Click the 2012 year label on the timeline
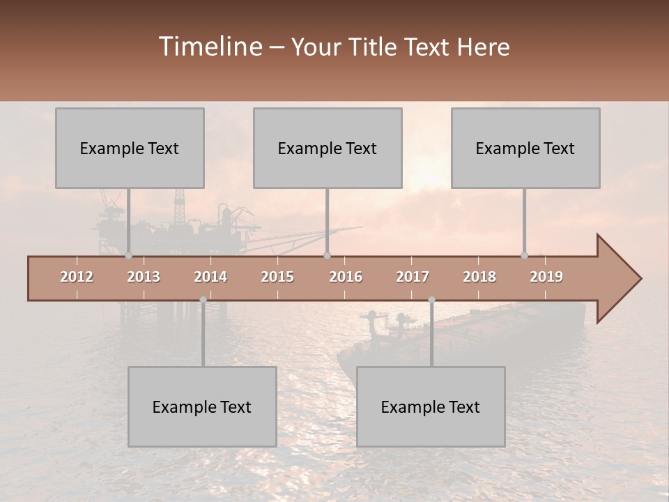(77, 277)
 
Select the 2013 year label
(144, 277)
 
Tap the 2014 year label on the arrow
(210, 277)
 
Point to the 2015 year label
(277, 277)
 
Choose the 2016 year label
(346, 277)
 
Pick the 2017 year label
(413, 277)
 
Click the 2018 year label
(479, 277)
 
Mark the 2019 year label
(546, 277)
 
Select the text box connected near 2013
(130, 148)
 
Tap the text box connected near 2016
(328, 148)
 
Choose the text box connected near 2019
(525, 148)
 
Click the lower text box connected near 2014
(202, 406)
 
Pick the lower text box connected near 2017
(431, 406)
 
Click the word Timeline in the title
(210, 47)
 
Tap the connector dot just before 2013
(128, 256)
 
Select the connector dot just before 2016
(327, 256)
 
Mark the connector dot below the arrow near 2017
(431, 300)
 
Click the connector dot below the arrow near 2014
(203, 300)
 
